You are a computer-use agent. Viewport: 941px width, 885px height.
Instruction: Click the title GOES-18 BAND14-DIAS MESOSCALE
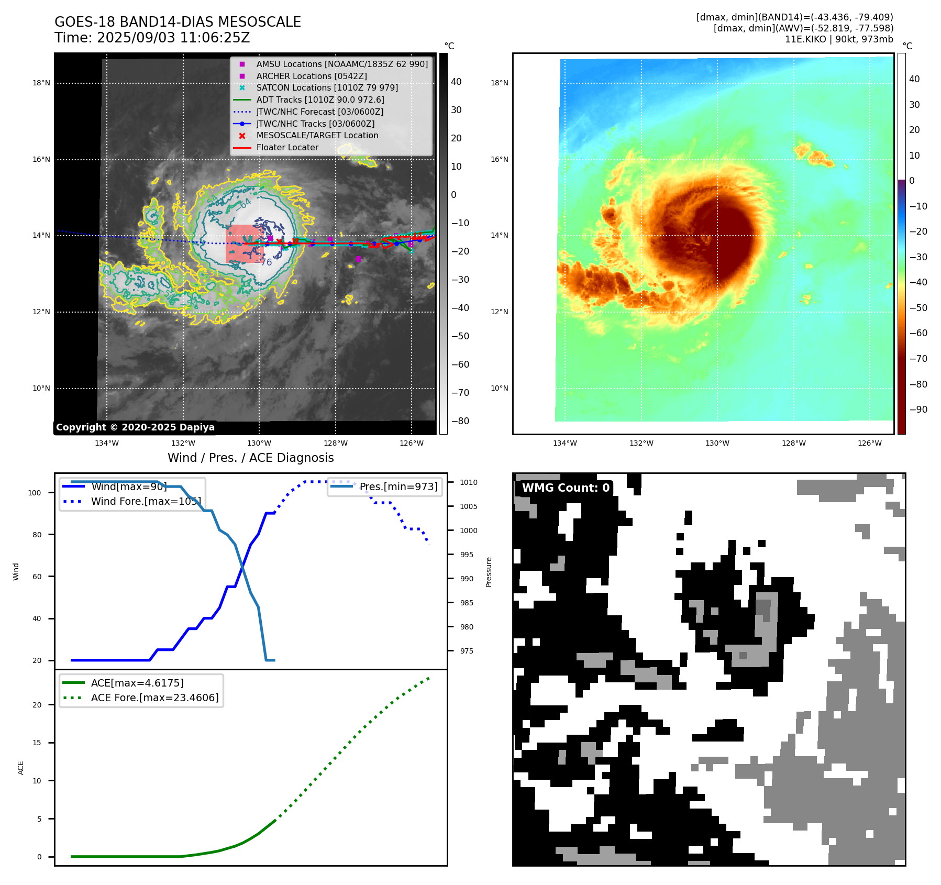pyautogui.click(x=178, y=22)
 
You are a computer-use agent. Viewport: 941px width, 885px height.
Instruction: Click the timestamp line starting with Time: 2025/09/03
pyautogui.click(x=152, y=38)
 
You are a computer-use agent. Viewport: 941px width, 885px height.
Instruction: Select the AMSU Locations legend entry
pyautogui.click(x=341, y=64)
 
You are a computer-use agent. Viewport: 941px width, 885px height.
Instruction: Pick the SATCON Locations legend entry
pyautogui.click(x=327, y=87)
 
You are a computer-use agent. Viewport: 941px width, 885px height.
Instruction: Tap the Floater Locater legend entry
pyautogui.click(x=287, y=147)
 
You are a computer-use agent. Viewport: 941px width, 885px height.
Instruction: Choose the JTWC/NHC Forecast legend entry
pyautogui.click(x=319, y=112)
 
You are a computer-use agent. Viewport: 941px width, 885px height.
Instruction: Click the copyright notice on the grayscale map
pyautogui.click(x=135, y=427)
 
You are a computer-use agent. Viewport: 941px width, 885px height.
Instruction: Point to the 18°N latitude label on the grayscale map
pyautogui.click(x=41, y=83)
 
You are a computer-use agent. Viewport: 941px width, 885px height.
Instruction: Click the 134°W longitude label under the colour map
pyautogui.click(x=564, y=443)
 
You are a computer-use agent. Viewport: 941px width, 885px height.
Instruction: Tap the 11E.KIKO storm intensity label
pyautogui.click(x=838, y=39)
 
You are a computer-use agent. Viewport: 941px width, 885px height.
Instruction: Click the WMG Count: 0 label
pyautogui.click(x=566, y=488)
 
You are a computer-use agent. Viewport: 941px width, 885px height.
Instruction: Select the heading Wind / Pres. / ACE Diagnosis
pyautogui.click(x=250, y=458)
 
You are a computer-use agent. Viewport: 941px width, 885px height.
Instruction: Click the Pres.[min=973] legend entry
pyautogui.click(x=398, y=486)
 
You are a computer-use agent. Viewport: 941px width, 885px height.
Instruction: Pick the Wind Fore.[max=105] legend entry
pyautogui.click(x=146, y=501)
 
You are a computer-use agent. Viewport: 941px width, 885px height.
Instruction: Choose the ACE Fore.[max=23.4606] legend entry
pyautogui.click(x=154, y=698)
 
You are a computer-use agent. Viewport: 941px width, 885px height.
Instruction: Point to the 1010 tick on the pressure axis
pyautogui.click(x=469, y=482)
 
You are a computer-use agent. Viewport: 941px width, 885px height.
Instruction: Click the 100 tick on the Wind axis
pyautogui.click(x=35, y=493)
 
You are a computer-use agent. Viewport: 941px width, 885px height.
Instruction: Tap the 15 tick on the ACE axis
pyautogui.click(x=37, y=743)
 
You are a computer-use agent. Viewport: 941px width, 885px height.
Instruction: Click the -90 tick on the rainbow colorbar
pyautogui.click(x=918, y=410)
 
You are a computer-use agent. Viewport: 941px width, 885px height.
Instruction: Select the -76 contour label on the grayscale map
pyautogui.click(x=265, y=262)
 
